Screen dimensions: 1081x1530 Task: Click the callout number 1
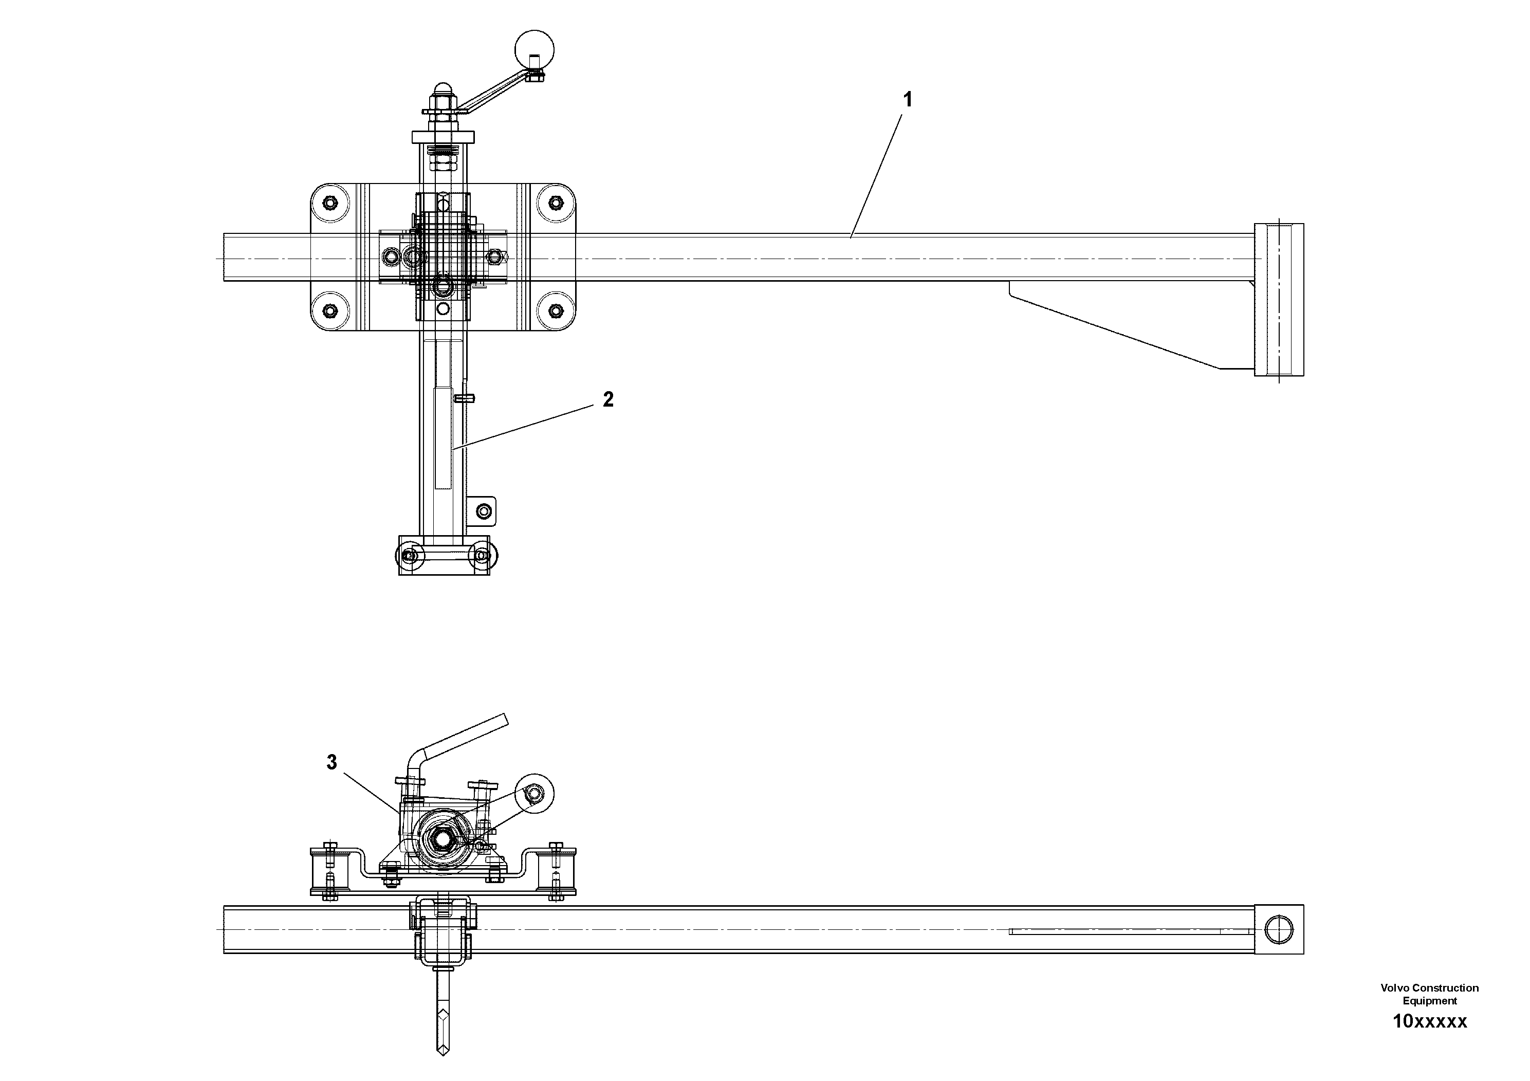coord(907,100)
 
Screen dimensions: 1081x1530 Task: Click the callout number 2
coord(608,399)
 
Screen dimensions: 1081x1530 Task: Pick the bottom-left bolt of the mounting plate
coord(330,310)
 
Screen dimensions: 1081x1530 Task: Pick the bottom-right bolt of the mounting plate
coord(556,310)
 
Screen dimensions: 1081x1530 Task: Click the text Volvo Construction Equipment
coord(1429,994)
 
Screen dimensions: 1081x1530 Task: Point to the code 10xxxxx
coord(1429,1021)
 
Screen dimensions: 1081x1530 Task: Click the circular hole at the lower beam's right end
coord(1278,929)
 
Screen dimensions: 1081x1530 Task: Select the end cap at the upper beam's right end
coord(1278,299)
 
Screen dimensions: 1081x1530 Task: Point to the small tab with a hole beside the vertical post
coord(485,511)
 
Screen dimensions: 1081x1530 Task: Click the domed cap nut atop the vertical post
coord(442,89)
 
